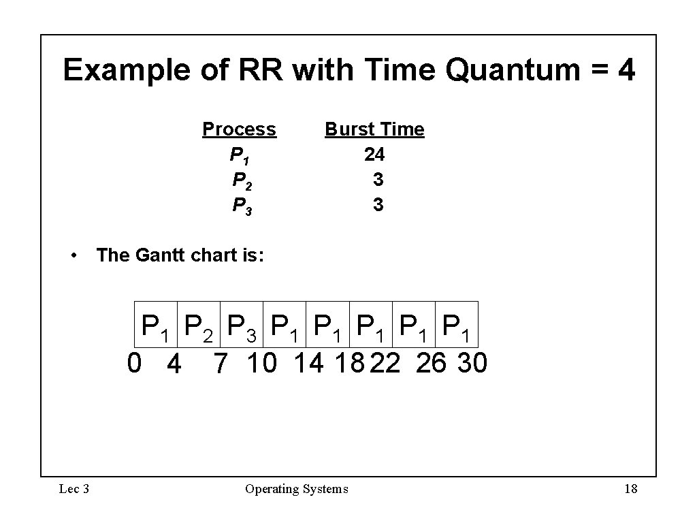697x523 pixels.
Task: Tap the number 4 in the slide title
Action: (625, 70)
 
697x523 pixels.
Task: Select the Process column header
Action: (239, 129)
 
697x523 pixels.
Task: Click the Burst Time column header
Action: (374, 129)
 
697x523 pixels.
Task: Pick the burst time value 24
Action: (374, 155)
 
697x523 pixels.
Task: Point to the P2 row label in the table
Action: (242, 181)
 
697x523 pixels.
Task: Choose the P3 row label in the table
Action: (242, 206)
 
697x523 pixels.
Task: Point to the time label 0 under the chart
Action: (135, 363)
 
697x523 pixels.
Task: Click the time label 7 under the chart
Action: (219, 364)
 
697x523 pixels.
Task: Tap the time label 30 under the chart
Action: (472, 363)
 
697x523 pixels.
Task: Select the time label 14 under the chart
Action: (309, 363)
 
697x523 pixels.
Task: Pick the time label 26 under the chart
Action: (430, 363)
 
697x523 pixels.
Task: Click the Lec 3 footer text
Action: (74, 488)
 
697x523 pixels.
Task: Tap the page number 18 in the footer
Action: (630, 488)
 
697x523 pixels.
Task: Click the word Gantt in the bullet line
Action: (163, 255)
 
